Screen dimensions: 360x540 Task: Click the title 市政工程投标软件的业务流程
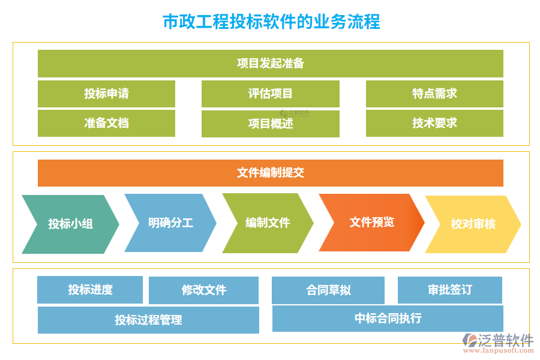(x=271, y=22)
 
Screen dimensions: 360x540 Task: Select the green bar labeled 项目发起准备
(x=270, y=63)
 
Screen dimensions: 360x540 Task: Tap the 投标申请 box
(x=106, y=94)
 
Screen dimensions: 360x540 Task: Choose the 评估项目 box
(x=270, y=94)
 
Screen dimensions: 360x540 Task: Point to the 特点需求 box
(x=434, y=94)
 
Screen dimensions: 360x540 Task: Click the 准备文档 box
(x=106, y=123)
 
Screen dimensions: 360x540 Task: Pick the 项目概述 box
(x=270, y=124)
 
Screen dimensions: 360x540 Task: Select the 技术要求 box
(x=434, y=123)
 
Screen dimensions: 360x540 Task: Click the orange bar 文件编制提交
(x=270, y=173)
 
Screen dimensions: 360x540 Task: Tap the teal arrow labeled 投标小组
(x=70, y=224)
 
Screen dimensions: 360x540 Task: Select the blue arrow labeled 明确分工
(x=170, y=223)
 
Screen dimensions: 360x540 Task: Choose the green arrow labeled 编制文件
(x=268, y=223)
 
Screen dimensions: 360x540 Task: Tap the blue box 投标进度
(x=90, y=290)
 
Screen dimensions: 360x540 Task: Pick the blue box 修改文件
(x=203, y=290)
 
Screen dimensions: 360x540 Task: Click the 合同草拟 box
(x=328, y=290)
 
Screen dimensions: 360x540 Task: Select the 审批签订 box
(x=449, y=290)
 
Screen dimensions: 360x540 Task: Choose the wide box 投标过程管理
(x=148, y=320)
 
